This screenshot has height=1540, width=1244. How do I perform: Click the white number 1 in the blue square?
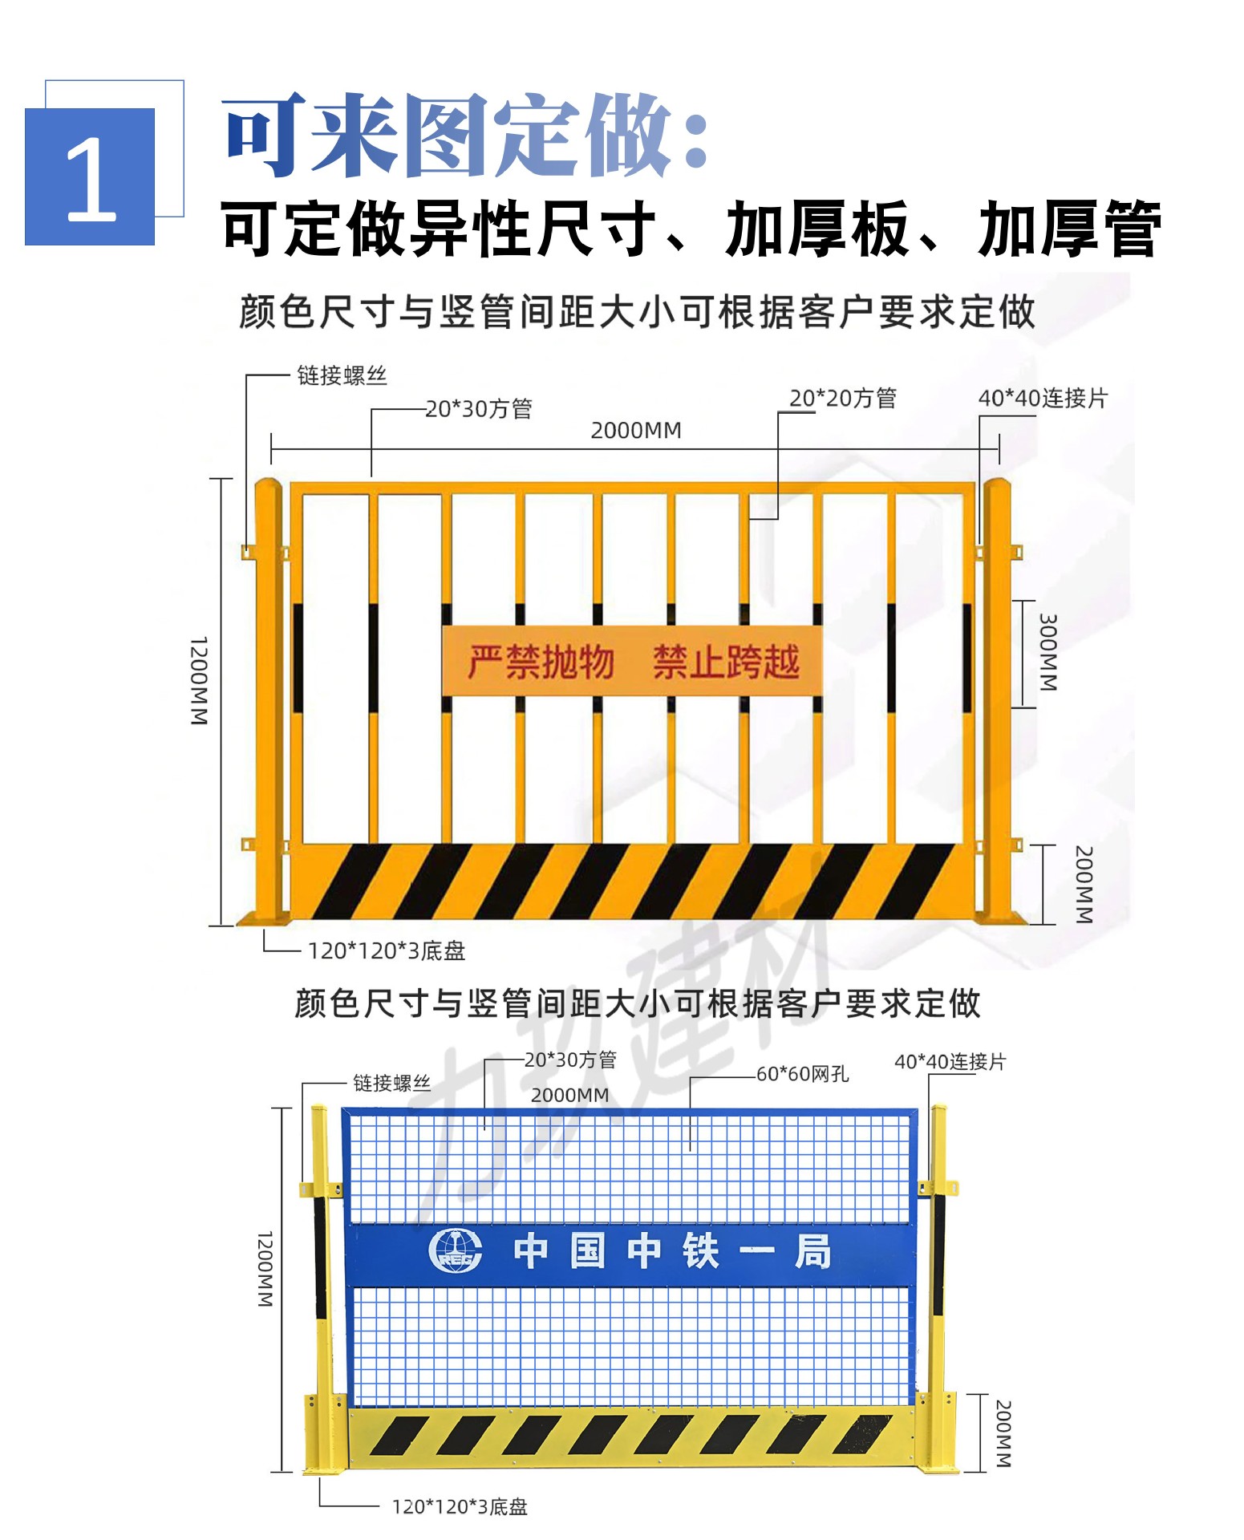pos(91,178)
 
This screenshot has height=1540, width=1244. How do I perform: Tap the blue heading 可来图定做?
pos(465,134)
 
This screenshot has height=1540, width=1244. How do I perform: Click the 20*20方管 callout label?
pos(842,398)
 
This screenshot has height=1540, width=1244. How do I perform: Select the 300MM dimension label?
pos(1047,652)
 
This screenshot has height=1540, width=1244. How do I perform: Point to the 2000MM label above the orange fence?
pos(636,431)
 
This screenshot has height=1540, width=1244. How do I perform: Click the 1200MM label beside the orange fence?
pos(199,681)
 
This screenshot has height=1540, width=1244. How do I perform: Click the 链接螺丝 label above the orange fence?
pos(342,375)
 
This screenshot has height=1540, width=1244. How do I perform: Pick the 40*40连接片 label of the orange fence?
pos(1042,398)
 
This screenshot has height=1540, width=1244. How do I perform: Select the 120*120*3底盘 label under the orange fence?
pos(387,951)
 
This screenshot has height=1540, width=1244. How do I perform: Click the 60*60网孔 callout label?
pos(802,1074)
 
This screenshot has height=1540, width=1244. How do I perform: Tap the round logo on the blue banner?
pos(456,1250)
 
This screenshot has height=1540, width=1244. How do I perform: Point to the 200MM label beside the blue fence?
pos(1003,1433)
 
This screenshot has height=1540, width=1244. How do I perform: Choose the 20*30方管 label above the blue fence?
pos(570,1060)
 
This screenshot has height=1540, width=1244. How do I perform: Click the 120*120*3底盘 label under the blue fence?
pos(460,1507)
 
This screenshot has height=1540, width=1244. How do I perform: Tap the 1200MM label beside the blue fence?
pos(265,1268)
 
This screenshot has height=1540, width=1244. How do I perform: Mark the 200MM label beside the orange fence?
pos(1083,884)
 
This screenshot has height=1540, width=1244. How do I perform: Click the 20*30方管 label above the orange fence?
pos(479,409)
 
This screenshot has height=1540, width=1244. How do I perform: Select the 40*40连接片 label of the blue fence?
pos(950,1062)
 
